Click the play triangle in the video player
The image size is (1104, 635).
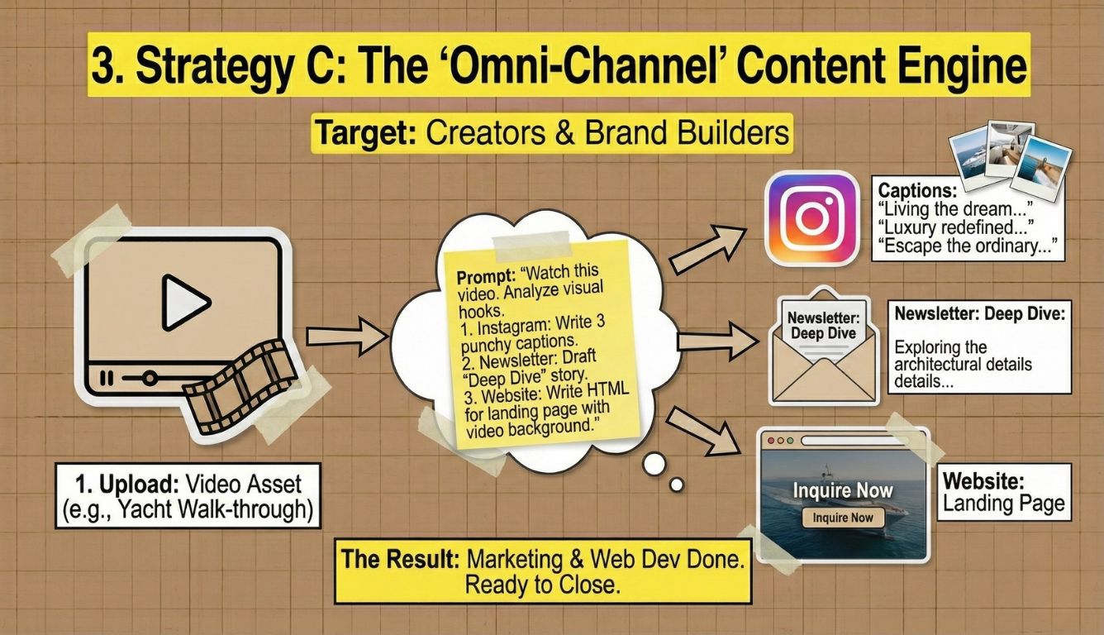[184, 303]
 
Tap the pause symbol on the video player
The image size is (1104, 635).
[107, 378]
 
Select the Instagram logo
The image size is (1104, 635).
[811, 218]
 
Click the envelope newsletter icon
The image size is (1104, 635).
[824, 347]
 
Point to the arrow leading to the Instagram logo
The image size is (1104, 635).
[707, 249]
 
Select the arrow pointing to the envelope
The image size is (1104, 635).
[717, 341]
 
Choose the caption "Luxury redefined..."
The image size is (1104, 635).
[955, 227]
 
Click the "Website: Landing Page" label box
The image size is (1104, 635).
[1004, 492]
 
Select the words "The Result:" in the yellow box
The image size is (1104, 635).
[400, 559]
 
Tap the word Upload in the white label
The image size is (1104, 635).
[139, 485]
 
